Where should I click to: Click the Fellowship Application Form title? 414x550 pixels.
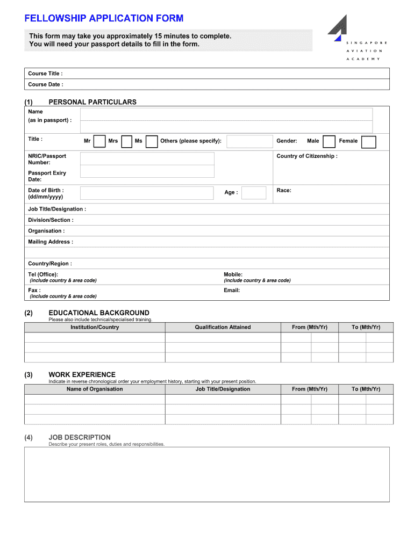(x=104, y=18)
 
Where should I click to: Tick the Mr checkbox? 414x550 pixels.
(x=99, y=141)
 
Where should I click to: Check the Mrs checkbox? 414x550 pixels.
(x=127, y=141)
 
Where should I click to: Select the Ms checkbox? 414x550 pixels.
(x=152, y=141)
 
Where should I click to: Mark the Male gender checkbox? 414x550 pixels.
(x=330, y=141)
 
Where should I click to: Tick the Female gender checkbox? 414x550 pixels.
(x=368, y=142)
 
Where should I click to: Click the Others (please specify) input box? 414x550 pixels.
(x=249, y=141)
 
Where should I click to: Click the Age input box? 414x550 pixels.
(x=254, y=193)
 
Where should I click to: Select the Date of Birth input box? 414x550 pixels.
(x=147, y=193)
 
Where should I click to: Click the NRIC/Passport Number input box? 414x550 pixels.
(x=147, y=158)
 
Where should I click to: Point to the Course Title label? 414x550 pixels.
(x=45, y=74)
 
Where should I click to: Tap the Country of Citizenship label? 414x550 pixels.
(x=307, y=156)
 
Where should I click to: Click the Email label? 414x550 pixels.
(x=232, y=291)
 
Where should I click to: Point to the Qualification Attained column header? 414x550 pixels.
(x=223, y=327)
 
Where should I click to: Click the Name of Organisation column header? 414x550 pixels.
(x=95, y=389)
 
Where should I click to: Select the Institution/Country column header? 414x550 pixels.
(x=95, y=327)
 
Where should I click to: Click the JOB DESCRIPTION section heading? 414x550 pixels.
(x=80, y=437)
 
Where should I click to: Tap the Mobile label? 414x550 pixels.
(x=233, y=274)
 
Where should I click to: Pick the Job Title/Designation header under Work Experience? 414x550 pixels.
(x=223, y=389)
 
